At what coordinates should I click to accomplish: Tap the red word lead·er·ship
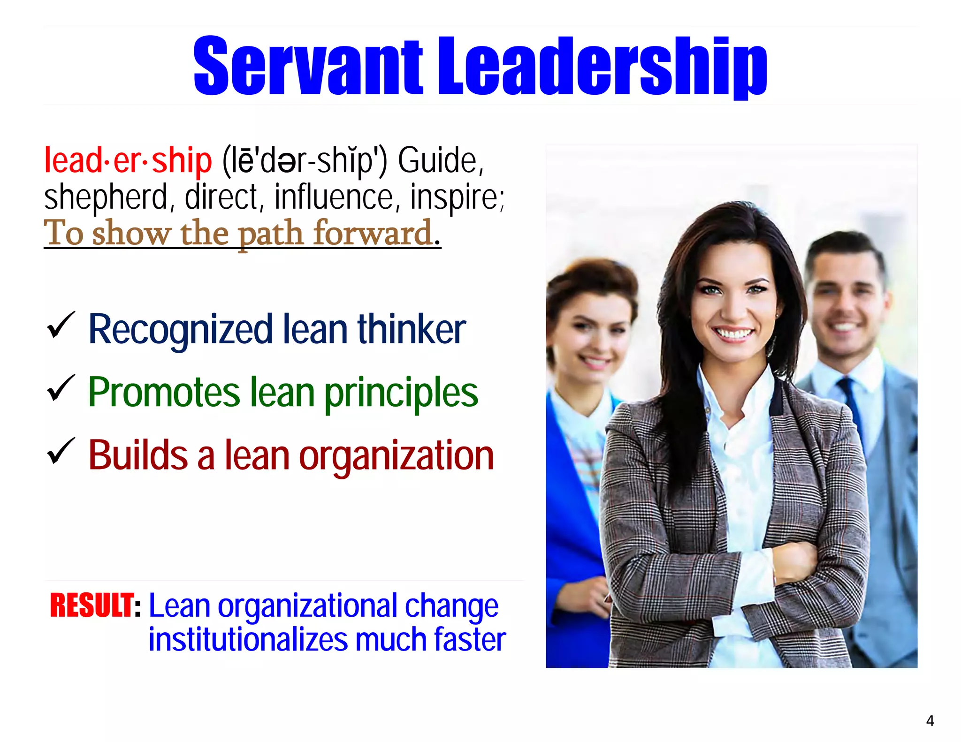pos(128,160)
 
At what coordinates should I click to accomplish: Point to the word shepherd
pos(106,197)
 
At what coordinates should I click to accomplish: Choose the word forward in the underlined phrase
pos(373,233)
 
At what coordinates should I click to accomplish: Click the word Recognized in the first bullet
pos(181,330)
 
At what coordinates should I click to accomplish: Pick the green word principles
pos(401,393)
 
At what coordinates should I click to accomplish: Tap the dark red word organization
pos(397,455)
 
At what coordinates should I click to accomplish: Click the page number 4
pos(930,720)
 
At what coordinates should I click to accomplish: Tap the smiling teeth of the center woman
pos(733,334)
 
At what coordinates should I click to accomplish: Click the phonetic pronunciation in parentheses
pos(305,160)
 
